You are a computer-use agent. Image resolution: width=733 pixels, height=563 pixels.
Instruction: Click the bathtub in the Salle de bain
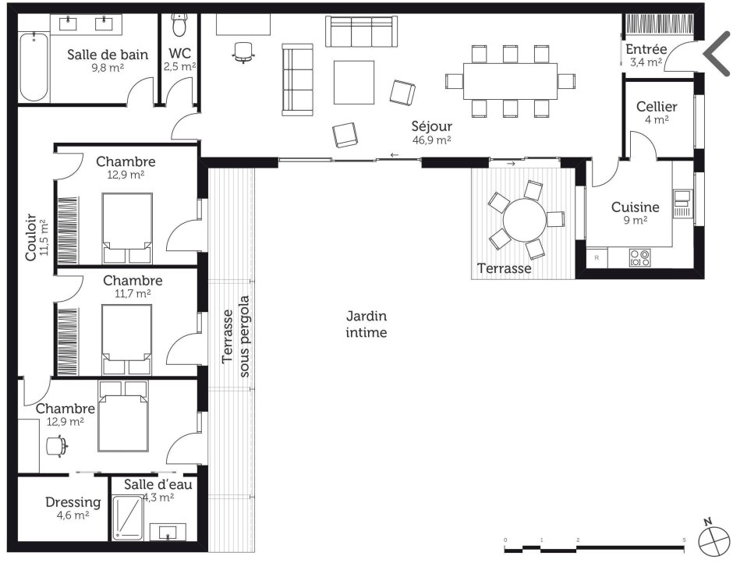point(34,67)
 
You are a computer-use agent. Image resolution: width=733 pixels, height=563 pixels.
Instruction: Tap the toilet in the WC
point(179,25)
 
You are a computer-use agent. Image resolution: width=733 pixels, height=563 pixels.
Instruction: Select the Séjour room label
point(431,126)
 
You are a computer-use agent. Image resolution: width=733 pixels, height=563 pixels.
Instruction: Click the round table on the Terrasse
point(524,219)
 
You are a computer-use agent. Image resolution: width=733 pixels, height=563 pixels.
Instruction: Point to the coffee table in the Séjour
point(354,83)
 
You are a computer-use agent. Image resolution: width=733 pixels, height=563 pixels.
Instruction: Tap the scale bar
point(595,546)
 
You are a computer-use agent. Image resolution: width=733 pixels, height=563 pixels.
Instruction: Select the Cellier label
point(657,107)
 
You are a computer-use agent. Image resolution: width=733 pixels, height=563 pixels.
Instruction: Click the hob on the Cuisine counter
point(640,258)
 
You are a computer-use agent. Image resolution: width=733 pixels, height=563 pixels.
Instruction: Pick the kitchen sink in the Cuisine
point(682,204)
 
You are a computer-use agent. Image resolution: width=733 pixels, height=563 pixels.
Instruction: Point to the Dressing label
point(73,502)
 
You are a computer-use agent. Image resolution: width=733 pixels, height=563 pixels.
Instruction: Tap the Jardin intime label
point(366,324)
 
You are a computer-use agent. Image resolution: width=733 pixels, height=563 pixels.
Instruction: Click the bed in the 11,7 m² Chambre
point(126,339)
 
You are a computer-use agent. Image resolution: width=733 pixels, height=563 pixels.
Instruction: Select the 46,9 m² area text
point(431,140)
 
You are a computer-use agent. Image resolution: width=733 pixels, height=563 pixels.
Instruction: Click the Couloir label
point(30,237)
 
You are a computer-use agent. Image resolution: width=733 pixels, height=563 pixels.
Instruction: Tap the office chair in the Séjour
point(243,51)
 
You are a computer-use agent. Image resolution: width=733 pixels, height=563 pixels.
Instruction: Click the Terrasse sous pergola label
point(236,336)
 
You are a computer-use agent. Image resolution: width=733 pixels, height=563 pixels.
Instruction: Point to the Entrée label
point(646,49)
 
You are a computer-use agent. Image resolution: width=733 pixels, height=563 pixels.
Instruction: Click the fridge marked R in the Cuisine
point(597,257)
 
